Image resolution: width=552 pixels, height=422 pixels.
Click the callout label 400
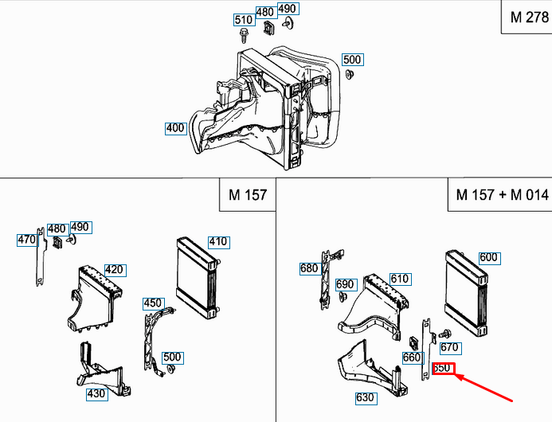175,127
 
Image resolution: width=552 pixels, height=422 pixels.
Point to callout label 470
27,239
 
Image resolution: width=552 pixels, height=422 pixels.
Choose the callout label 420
114,269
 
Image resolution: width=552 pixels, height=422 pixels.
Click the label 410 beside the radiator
217,241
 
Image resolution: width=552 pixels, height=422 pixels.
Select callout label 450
153,303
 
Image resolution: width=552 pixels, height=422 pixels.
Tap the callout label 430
96,393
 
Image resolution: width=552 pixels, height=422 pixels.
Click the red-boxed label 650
443,369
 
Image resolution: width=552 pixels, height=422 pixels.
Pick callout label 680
309,268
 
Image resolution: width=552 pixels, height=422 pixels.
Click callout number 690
344,284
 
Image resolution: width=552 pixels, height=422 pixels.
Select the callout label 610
399,279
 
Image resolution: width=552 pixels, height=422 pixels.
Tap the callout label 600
488,257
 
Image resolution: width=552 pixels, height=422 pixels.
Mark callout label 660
411,358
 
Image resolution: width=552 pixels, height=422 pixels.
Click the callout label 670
449,347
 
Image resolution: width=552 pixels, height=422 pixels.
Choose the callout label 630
365,397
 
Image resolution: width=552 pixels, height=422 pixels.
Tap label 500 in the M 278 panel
351,60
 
